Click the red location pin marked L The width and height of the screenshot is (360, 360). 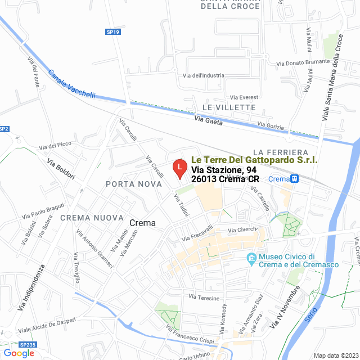point(179,168)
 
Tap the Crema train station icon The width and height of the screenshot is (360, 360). point(294,178)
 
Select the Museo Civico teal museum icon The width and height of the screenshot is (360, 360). point(251,259)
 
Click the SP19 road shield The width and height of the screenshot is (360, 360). point(113,32)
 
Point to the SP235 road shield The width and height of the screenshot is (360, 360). point(27,344)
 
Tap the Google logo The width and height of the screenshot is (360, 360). point(19,353)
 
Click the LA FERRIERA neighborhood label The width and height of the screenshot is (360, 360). point(281,152)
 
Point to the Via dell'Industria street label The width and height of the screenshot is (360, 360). point(204,75)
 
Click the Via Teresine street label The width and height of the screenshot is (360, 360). point(203,296)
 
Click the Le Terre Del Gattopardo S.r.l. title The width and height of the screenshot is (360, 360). point(254,160)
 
